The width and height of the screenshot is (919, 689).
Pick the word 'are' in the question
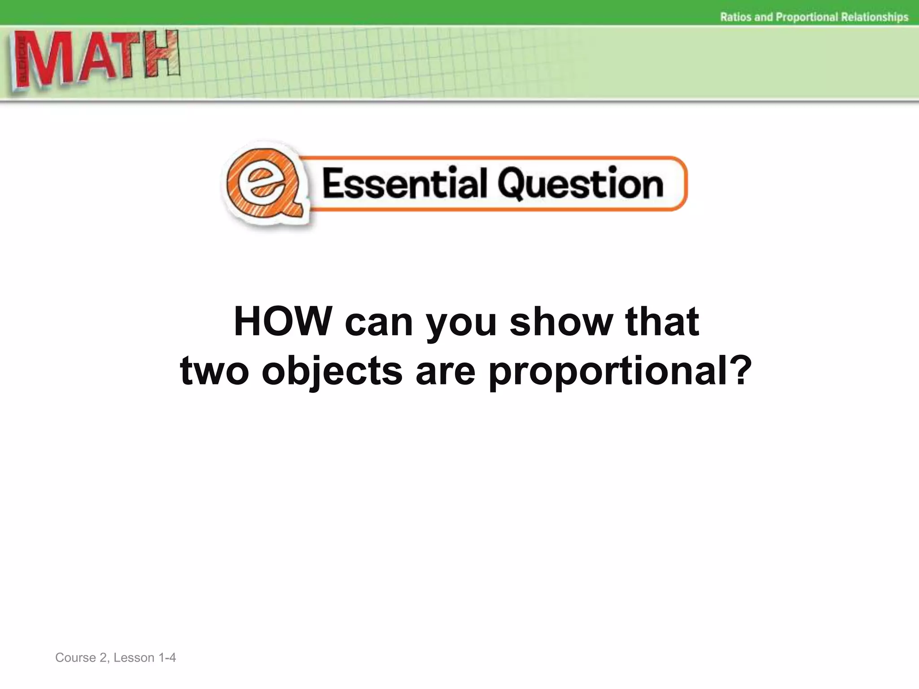point(445,371)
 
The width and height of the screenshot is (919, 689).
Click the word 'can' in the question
point(379,322)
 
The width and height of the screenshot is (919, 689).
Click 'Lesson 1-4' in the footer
point(144,658)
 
